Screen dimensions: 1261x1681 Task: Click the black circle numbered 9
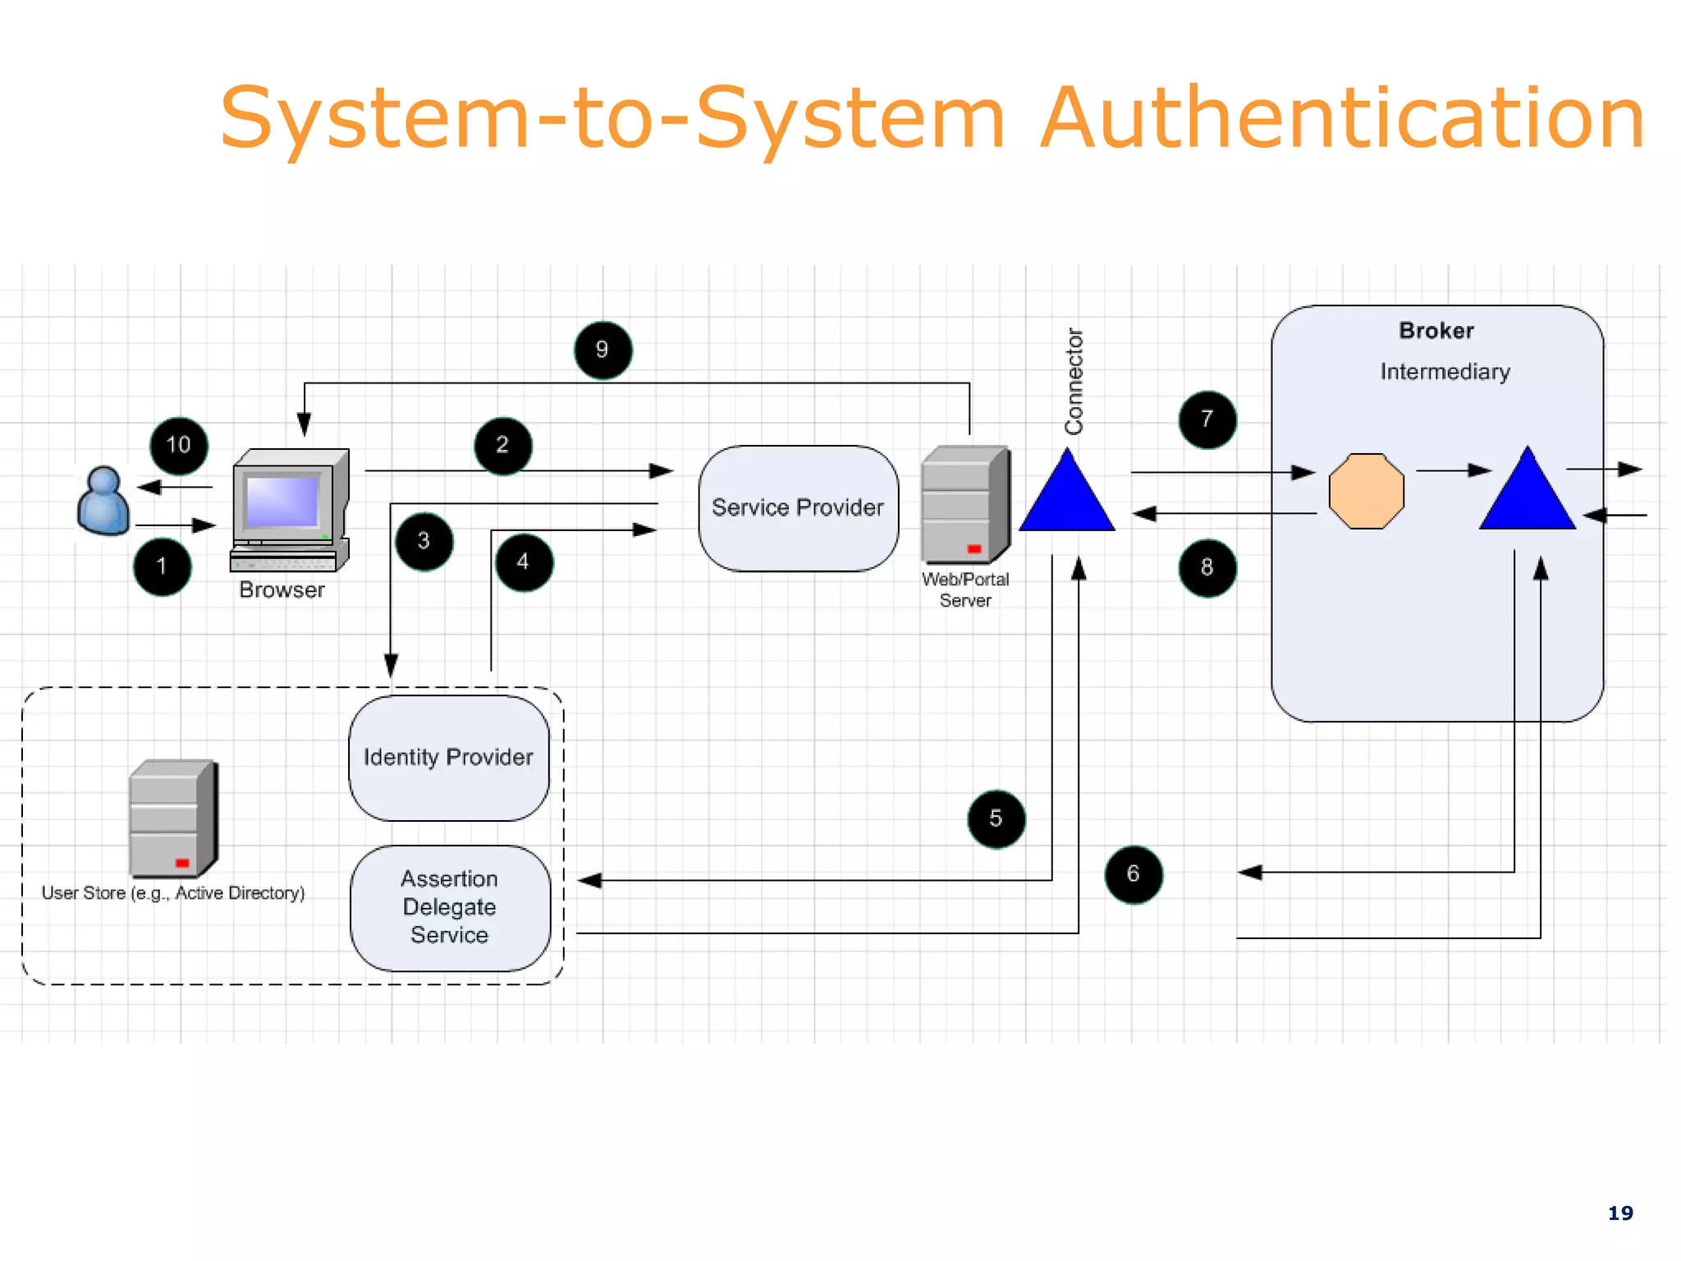pyautogui.click(x=602, y=351)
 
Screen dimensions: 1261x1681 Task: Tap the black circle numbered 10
pyautogui.click(x=178, y=446)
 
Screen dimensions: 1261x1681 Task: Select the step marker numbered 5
pyautogui.click(x=996, y=819)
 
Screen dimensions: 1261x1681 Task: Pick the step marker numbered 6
pyautogui.click(x=1133, y=874)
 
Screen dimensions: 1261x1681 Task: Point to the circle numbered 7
pyautogui.click(x=1207, y=420)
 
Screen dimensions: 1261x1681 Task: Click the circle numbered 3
pyautogui.click(x=424, y=541)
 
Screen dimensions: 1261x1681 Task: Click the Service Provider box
pyautogui.click(x=798, y=508)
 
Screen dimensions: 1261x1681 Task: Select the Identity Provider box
pyautogui.click(x=448, y=758)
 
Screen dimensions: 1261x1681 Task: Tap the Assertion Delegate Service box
pyautogui.click(x=450, y=908)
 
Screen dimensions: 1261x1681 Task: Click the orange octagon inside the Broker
pyautogui.click(x=1366, y=491)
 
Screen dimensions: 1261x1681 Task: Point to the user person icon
pyautogui.click(x=103, y=502)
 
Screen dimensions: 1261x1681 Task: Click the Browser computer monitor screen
pyautogui.click(x=282, y=501)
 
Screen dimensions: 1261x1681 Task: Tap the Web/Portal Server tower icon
pyautogui.click(x=964, y=504)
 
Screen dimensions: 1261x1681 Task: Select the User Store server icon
pyautogui.click(x=173, y=819)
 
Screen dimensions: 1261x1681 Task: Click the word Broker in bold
pyautogui.click(x=1436, y=331)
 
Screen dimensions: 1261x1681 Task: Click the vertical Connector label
pyautogui.click(x=1074, y=381)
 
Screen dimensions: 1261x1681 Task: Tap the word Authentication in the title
pyautogui.click(x=1342, y=119)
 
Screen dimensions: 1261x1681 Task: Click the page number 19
pyautogui.click(x=1619, y=1213)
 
